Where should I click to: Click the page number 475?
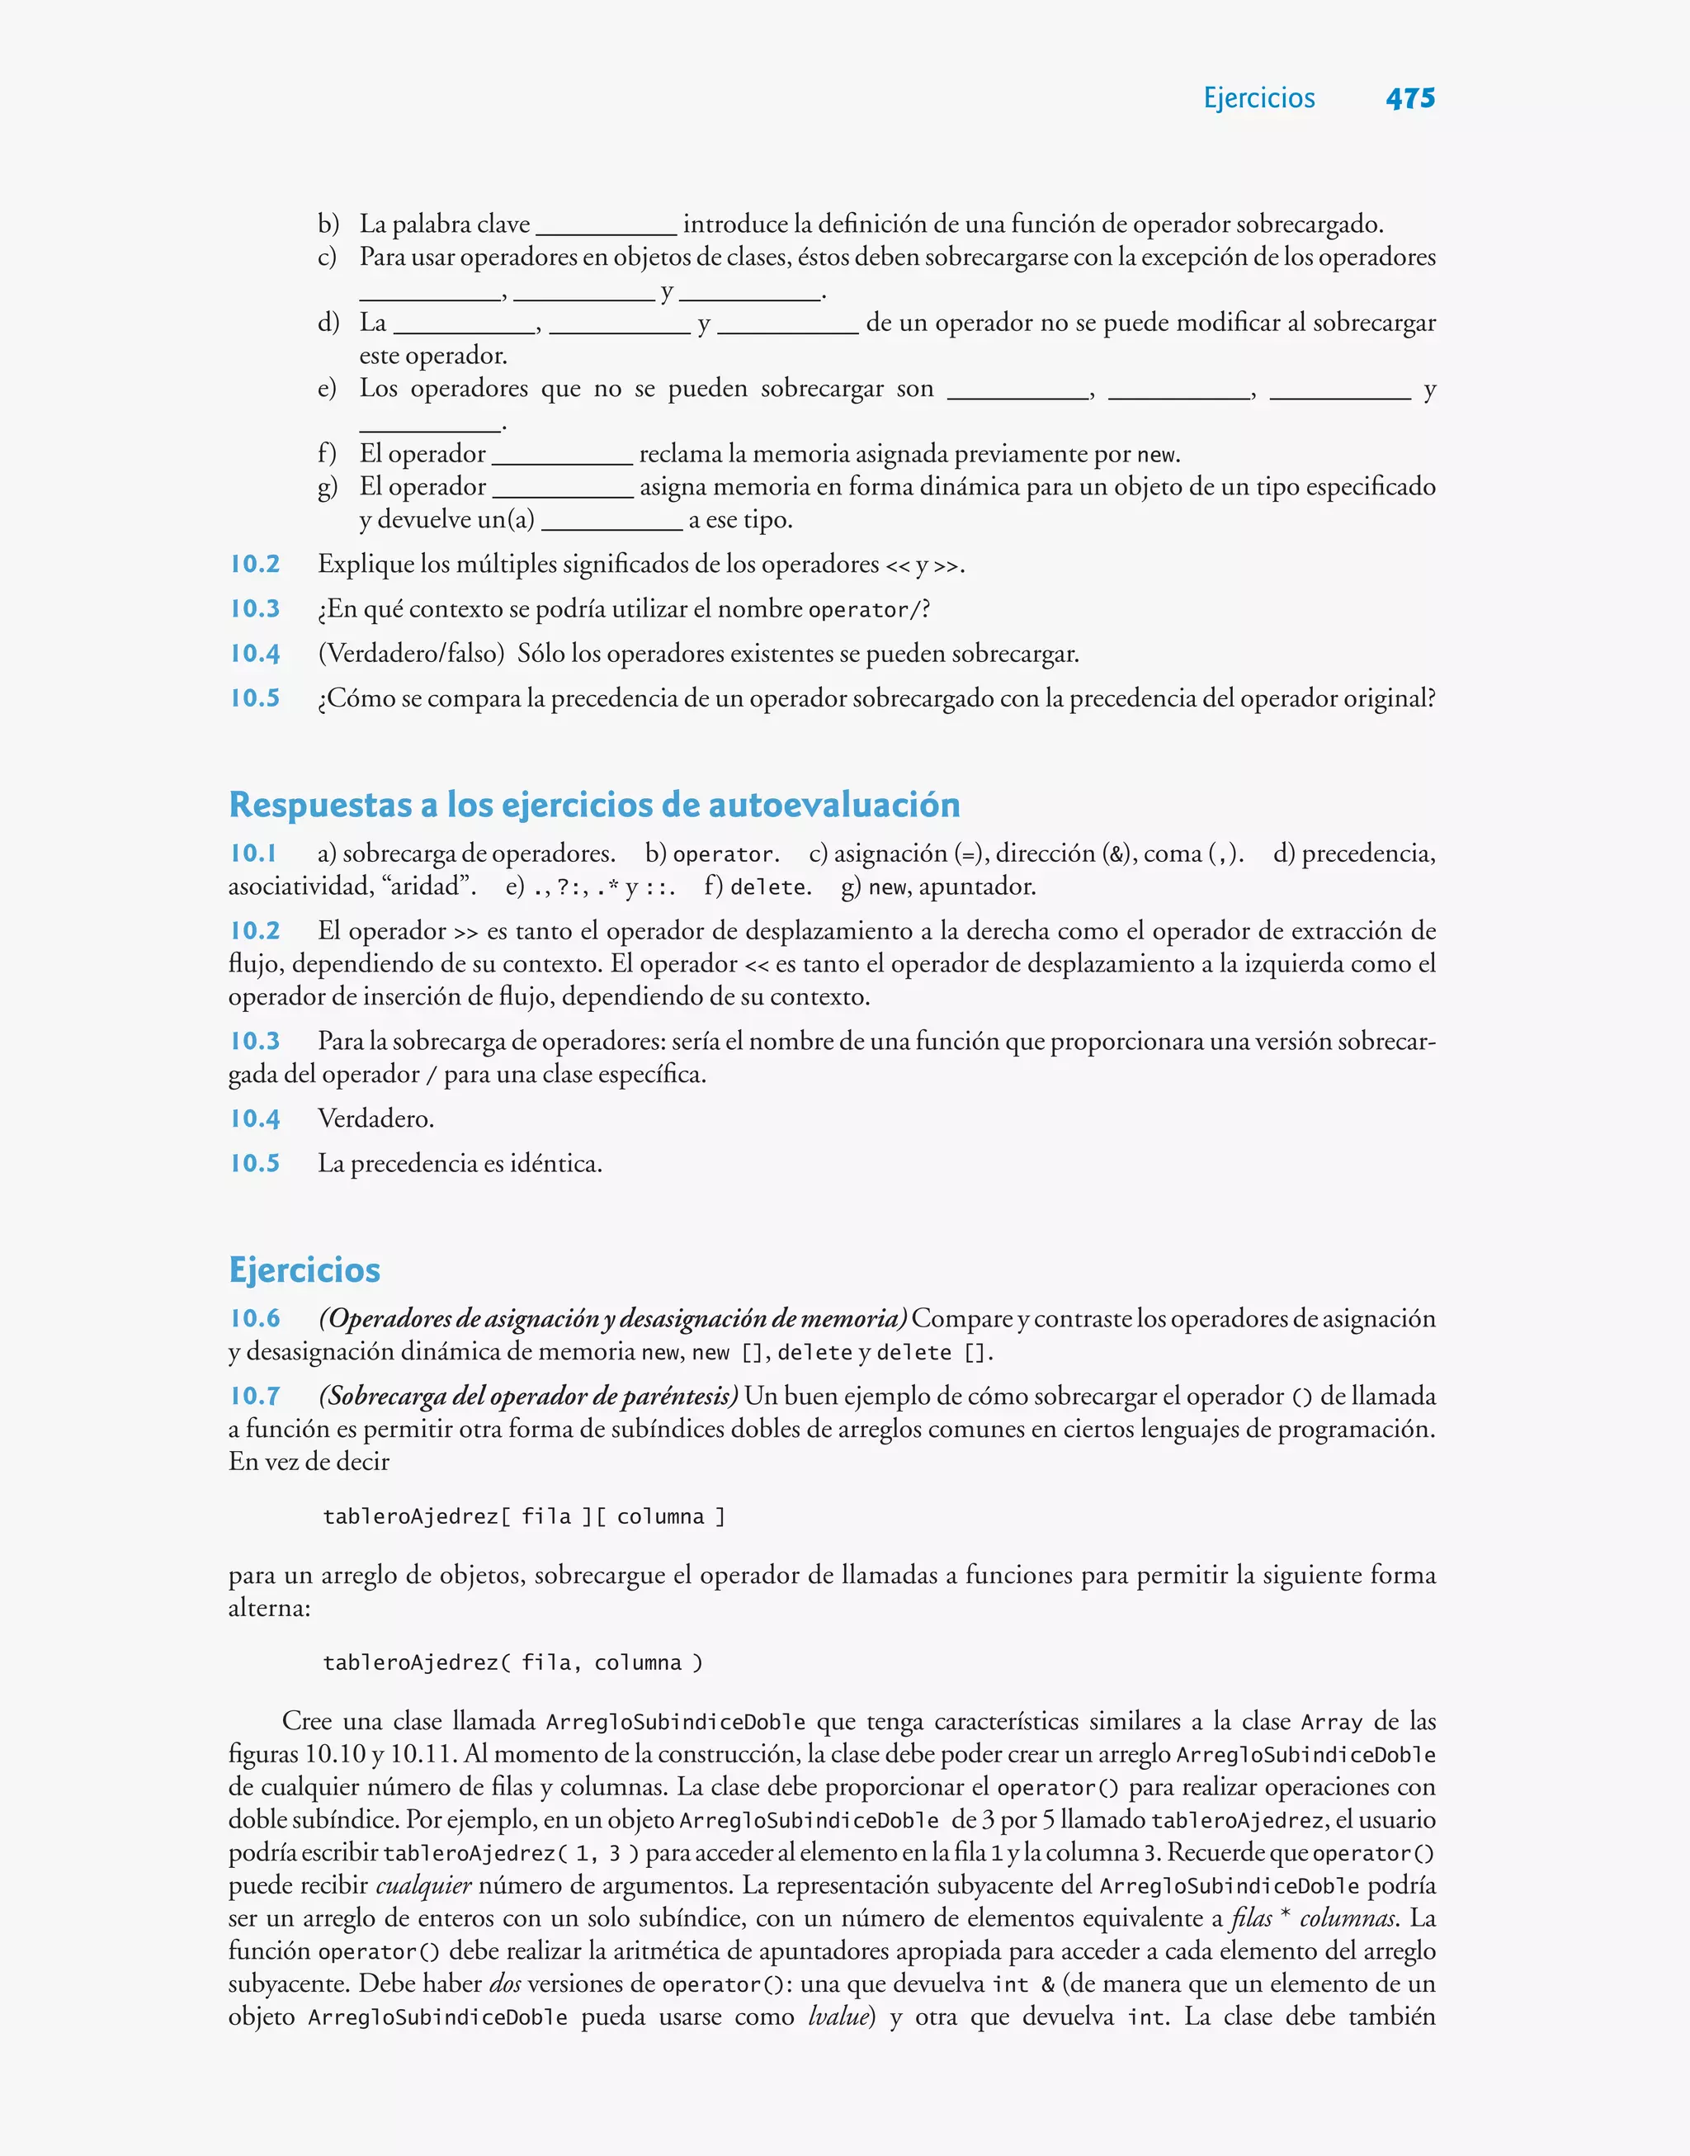point(1410,98)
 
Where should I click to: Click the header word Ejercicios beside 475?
point(1258,98)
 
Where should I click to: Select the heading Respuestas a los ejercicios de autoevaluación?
point(593,805)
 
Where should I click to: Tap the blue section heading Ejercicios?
point(304,1269)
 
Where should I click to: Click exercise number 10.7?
point(254,1395)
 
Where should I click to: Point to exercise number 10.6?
point(254,1318)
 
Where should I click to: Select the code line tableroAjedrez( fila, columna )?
point(512,1663)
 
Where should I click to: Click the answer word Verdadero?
point(375,1118)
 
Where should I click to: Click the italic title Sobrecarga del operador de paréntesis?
point(528,1395)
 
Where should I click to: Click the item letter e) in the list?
point(327,388)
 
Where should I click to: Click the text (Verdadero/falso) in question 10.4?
point(411,653)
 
